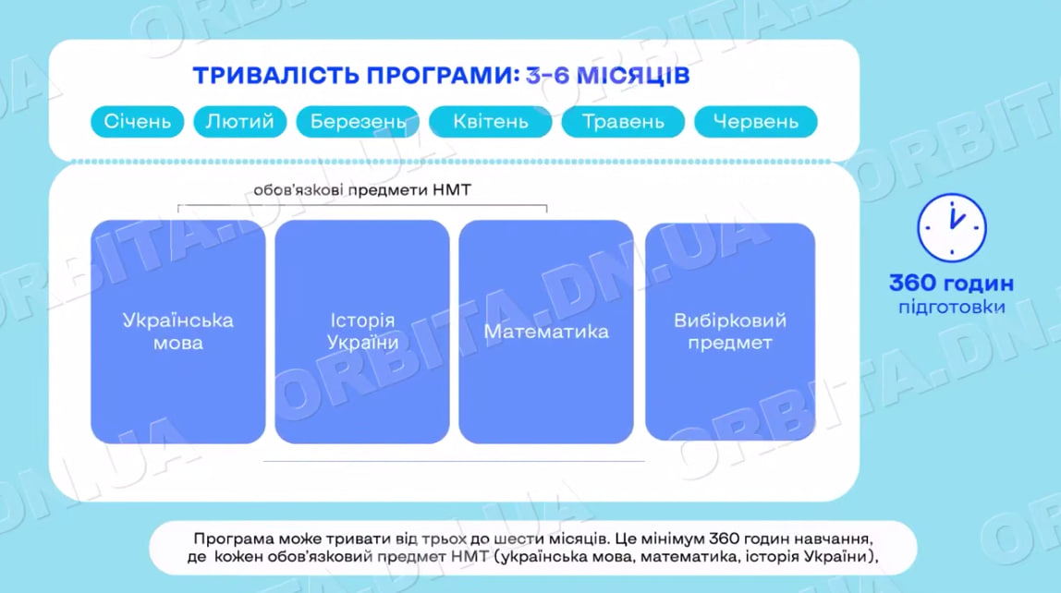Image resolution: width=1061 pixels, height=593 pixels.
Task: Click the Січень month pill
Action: click(x=137, y=122)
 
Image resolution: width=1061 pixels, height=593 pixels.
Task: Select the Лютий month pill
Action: click(x=240, y=122)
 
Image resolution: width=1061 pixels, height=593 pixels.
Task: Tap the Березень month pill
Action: click(x=358, y=122)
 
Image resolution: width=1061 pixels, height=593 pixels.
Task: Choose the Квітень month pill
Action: click(x=490, y=122)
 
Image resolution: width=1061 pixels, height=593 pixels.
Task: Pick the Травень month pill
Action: click(x=623, y=122)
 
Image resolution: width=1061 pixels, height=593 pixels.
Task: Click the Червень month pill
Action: click(x=755, y=122)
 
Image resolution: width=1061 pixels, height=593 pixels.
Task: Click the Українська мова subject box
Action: click(x=177, y=332)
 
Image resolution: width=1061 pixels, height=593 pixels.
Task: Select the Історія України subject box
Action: click(x=362, y=332)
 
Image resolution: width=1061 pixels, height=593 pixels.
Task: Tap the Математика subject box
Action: click(x=546, y=332)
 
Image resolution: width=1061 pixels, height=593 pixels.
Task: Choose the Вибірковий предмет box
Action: click(x=730, y=332)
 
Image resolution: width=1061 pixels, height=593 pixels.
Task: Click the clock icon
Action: click(x=951, y=227)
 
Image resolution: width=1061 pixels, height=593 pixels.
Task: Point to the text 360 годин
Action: click(x=951, y=284)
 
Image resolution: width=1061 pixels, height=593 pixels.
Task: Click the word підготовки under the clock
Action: click(x=951, y=307)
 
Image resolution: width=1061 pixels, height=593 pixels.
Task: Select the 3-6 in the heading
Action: click(x=548, y=75)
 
